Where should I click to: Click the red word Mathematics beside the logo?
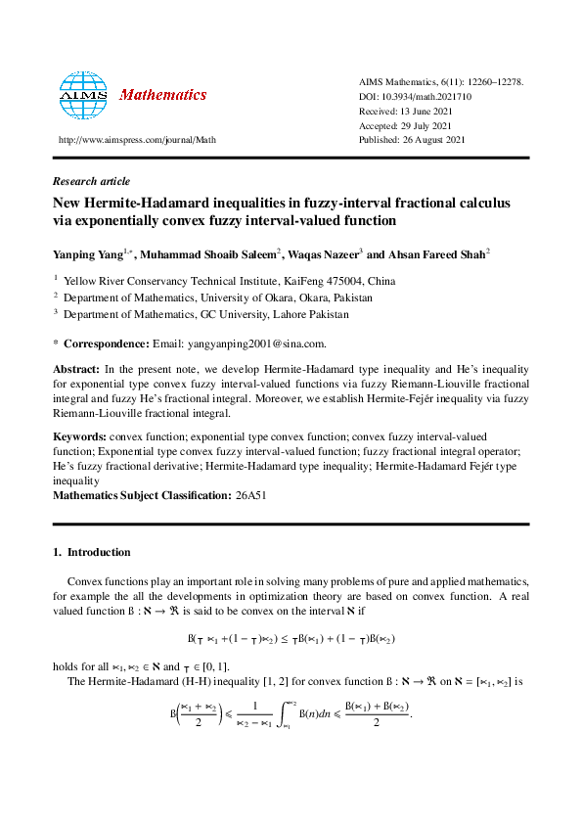(162, 95)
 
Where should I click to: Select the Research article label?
(91, 181)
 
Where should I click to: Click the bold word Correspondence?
(107, 343)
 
